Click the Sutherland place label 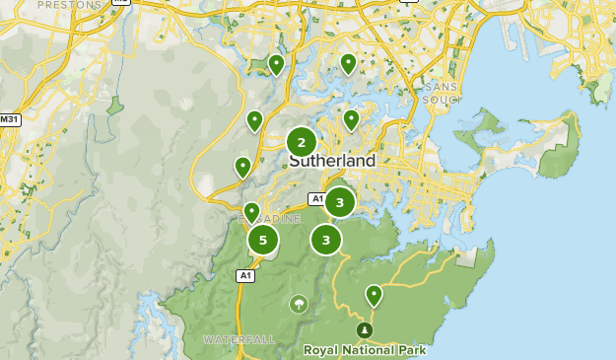point(332,161)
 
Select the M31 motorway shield point(10,120)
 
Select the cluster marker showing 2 point(302,142)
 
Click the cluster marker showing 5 point(262,239)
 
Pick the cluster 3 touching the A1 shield point(340,202)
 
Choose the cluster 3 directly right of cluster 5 point(325,239)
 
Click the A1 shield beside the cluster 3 point(316,199)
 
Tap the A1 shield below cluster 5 point(245,276)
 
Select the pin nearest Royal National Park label point(374,294)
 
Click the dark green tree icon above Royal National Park point(364,329)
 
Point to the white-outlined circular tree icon point(298,304)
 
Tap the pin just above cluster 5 point(251,211)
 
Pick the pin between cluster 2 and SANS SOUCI point(351,119)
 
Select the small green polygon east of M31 point(115,104)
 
